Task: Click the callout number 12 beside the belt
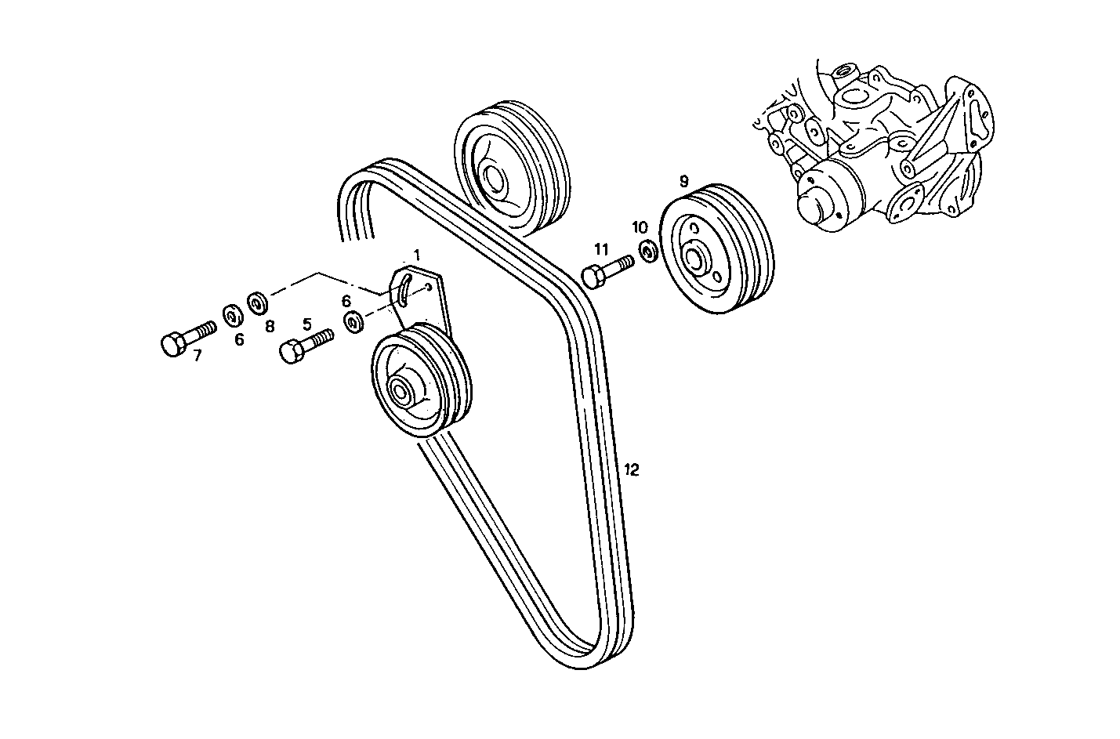tap(632, 469)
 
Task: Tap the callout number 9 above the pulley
tap(683, 181)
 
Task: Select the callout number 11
tap(600, 249)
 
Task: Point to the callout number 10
tap(640, 227)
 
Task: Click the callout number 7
tap(197, 355)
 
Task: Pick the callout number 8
tap(270, 324)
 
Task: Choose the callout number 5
tap(306, 323)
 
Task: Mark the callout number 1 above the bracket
tap(417, 255)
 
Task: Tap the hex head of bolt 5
tap(291, 352)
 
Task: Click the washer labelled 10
tap(648, 252)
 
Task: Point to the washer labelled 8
tap(256, 302)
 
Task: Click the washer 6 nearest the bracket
tap(353, 321)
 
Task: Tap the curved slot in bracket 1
tap(404, 288)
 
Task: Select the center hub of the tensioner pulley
tap(401, 389)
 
